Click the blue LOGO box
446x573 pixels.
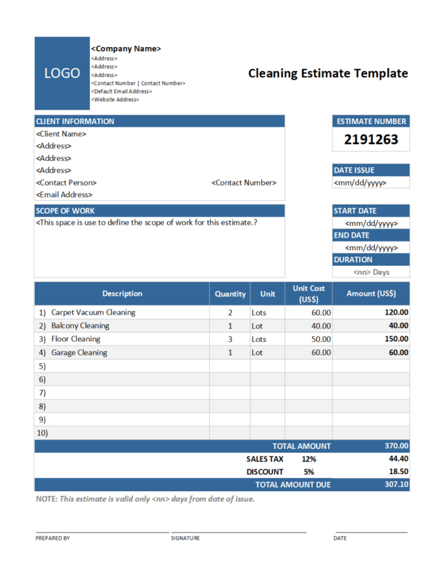(x=62, y=73)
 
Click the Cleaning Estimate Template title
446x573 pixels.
(x=328, y=74)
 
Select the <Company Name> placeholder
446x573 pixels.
(x=126, y=49)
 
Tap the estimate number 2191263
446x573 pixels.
(x=371, y=140)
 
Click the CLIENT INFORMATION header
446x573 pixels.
(x=75, y=121)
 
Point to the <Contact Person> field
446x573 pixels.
(x=66, y=183)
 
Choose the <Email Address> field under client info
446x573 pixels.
(x=64, y=195)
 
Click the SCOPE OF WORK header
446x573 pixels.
(x=65, y=211)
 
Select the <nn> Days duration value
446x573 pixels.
(x=371, y=272)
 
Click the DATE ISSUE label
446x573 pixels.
(x=354, y=170)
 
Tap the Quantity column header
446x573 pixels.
(x=230, y=294)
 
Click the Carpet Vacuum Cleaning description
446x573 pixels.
(x=93, y=312)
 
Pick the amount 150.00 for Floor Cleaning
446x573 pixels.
(x=396, y=339)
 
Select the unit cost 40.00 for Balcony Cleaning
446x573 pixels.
(x=321, y=326)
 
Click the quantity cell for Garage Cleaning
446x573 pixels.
(x=230, y=353)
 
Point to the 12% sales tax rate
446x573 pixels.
(x=308, y=459)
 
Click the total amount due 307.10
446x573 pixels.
(x=396, y=484)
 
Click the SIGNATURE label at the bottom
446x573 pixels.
(x=185, y=538)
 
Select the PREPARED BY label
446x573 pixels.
(x=53, y=538)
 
